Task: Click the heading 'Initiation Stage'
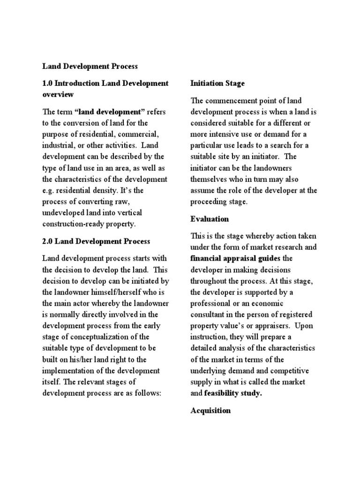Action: (x=217, y=83)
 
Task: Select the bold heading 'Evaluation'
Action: (x=210, y=219)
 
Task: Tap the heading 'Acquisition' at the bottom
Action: (x=210, y=411)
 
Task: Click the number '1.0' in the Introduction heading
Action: (x=47, y=83)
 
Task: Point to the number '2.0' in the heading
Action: (x=47, y=241)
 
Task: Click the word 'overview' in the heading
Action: (x=58, y=95)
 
